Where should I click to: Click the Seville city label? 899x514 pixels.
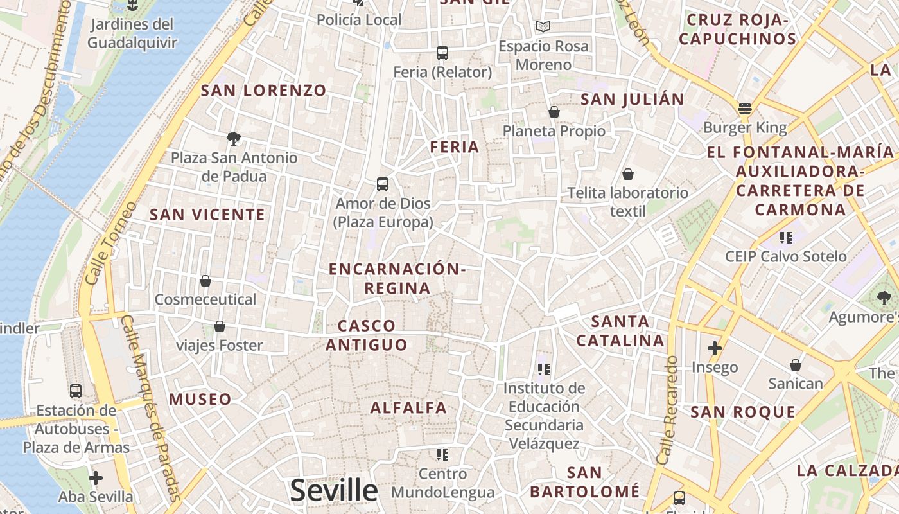click(334, 490)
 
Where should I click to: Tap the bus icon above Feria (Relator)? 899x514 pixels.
click(442, 53)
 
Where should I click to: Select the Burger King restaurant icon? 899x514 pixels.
click(745, 108)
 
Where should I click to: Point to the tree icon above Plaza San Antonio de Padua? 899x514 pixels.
click(234, 137)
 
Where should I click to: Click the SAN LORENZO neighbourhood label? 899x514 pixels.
click(264, 91)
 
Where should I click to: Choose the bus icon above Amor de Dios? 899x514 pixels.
click(383, 184)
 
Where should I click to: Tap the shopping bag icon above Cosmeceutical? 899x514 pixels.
click(205, 281)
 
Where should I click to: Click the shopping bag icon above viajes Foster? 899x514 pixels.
click(220, 326)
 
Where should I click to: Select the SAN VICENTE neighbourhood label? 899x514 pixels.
click(207, 215)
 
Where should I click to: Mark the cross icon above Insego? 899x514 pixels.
click(715, 348)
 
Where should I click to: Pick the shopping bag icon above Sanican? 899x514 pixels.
click(796, 365)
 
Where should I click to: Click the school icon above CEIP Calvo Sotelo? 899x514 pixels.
click(785, 238)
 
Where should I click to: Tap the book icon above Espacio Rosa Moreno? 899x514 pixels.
click(543, 26)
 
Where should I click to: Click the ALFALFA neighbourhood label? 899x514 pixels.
click(408, 407)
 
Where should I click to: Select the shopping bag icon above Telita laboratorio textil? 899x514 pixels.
click(628, 174)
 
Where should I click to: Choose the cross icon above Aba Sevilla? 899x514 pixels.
click(96, 478)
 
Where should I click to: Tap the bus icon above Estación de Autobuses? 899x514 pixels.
click(76, 391)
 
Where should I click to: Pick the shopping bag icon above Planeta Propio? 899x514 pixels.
click(554, 112)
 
